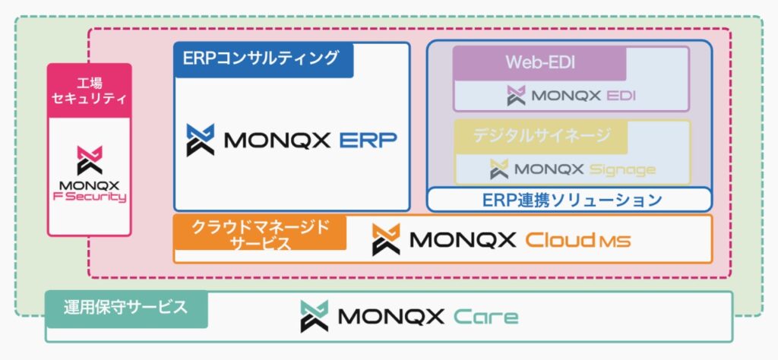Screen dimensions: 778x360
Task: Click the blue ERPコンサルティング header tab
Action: coord(264,60)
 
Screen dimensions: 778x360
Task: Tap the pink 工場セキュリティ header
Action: coord(90,90)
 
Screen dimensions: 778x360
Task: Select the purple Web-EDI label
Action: coord(540,64)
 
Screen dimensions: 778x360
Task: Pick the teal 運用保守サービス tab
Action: coord(127,308)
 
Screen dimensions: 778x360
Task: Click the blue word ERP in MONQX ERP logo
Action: coord(368,141)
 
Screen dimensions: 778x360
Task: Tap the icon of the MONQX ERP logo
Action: coord(201,140)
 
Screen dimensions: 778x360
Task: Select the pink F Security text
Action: coord(90,197)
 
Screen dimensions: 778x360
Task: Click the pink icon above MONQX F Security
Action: coord(90,160)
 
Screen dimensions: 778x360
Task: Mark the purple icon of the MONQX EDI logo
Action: coord(516,95)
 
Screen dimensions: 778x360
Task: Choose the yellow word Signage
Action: coord(622,170)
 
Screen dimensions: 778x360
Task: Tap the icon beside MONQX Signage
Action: coord(499,169)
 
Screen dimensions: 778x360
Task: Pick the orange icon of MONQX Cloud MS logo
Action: coord(386,240)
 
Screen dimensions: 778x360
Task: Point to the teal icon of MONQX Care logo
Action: coord(314,316)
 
